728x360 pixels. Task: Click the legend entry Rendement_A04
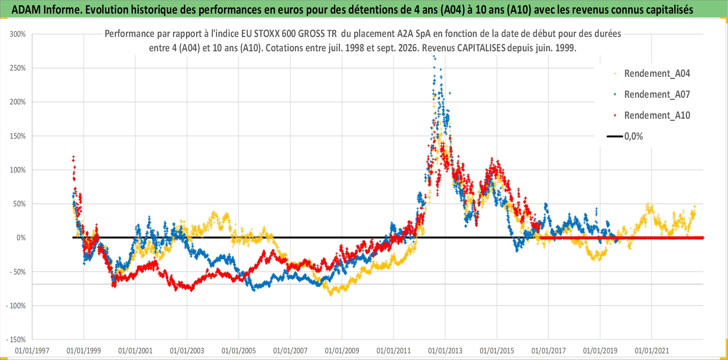coord(652,74)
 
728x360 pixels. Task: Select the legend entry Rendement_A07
coord(652,95)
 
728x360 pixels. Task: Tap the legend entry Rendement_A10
coord(652,116)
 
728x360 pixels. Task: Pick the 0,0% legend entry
coord(625,137)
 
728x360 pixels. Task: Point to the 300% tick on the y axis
coord(18,34)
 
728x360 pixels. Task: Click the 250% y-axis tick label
coord(18,68)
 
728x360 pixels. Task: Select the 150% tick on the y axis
coord(18,136)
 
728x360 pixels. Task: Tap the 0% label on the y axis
coord(21,238)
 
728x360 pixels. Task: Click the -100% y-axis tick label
coord(16,306)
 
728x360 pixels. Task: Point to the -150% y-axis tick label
coord(16,340)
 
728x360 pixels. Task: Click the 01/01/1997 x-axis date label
coord(32,351)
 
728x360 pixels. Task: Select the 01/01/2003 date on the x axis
coord(187,351)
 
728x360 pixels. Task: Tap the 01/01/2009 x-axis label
coord(342,351)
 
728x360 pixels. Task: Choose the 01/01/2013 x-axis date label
coord(445,351)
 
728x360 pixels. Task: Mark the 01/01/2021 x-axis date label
coord(652,351)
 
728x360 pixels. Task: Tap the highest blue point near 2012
coord(434,56)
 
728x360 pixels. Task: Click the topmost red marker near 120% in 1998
coord(73,157)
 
